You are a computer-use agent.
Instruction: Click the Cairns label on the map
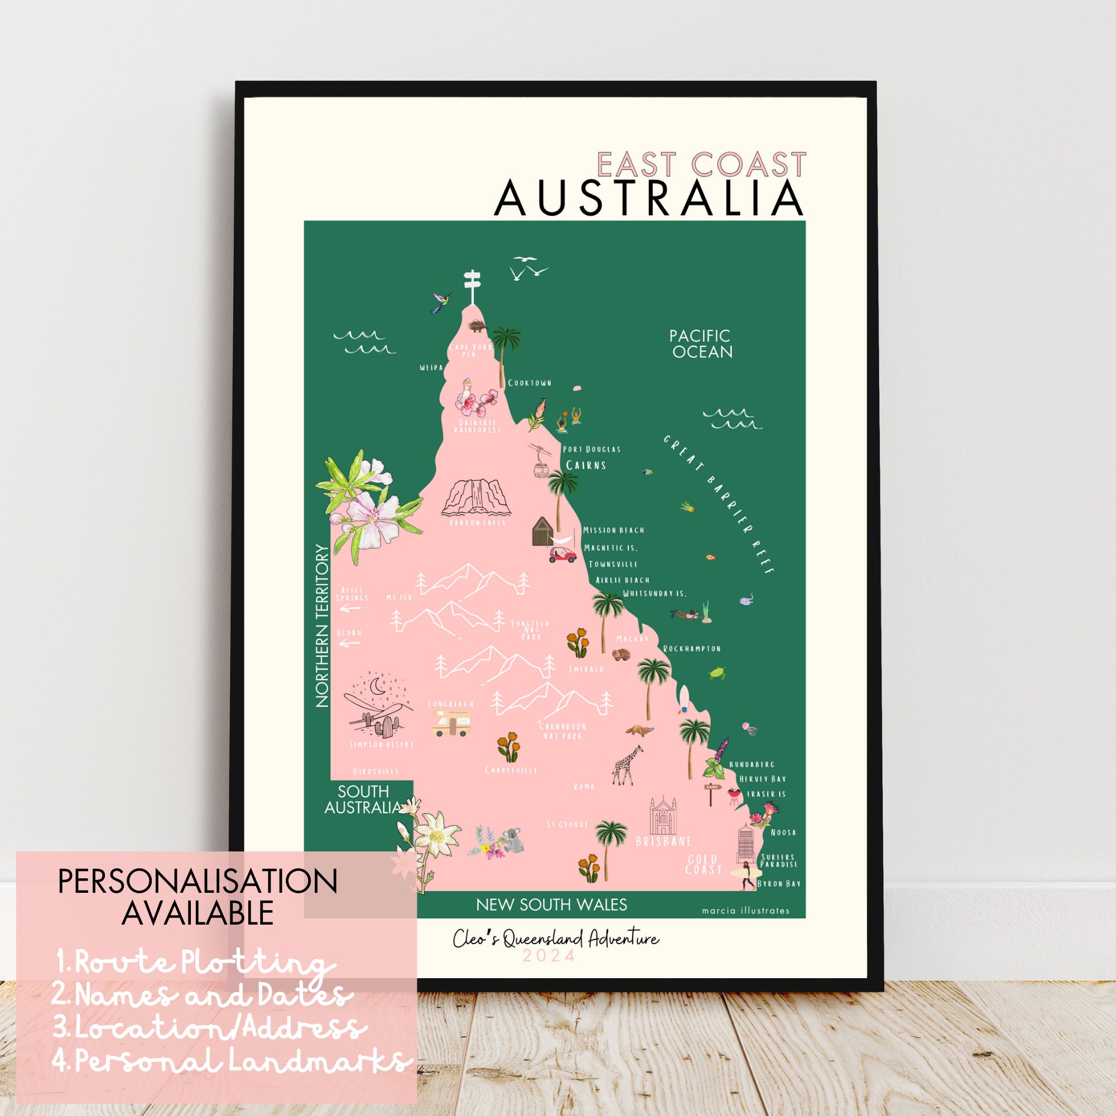pos(586,465)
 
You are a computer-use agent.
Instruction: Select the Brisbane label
pos(663,841)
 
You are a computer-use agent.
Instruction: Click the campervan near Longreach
pos(452,723)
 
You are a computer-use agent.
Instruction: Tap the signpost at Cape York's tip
pos(473,286)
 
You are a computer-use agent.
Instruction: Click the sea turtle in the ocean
pos(717,673)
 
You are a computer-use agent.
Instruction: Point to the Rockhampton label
pos(691,649)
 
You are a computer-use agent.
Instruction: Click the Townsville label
pos(612,564)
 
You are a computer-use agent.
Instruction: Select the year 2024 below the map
pos(549,956)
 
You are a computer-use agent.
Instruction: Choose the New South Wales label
pos(551,905)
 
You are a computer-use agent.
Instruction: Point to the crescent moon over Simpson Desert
pos(378,687)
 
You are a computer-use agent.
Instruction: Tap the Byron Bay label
pos(778,884)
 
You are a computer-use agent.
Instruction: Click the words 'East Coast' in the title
pos(701,165)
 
